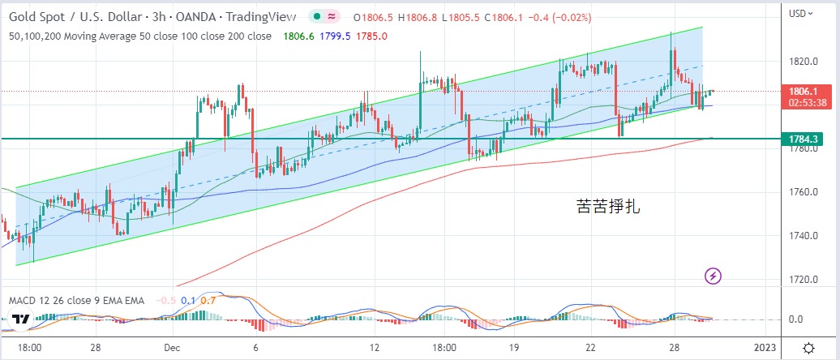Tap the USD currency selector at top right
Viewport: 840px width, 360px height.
pos(800,13)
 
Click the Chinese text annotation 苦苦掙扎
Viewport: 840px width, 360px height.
pos(608,207)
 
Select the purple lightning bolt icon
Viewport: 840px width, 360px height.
pos(713,276)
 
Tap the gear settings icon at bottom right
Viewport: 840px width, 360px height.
pos(808,348)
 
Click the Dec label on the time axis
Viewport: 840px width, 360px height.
pos(171,347)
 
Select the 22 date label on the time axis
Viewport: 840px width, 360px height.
pos(591,347)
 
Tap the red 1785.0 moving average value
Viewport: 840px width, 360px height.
pos(373,36)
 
